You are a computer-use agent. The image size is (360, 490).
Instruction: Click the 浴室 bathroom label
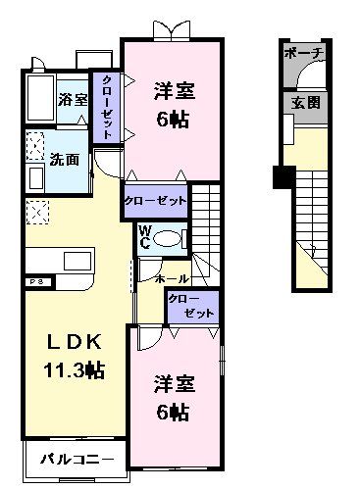pyautogui.click(x=73, y=100)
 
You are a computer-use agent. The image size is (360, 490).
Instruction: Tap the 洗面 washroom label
pyautogui.click(x=65, y=158)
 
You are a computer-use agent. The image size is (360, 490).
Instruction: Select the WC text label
pyautogui.click(x=143, y=238)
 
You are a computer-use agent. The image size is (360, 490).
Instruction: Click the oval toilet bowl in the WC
pyautogui.click(x=169, y=238)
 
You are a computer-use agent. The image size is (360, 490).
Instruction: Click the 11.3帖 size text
pyautogui.click(x=76, y=370)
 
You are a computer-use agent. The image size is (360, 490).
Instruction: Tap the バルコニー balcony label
pyautogui.click(x=77, y=459)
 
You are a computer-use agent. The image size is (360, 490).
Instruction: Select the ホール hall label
pyautogui.click(x=173, y=279)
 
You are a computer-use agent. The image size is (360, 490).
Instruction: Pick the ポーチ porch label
pyautogui.click(x=298, y=56)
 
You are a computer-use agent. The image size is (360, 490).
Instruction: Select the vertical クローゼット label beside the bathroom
pyautogui.click(x=106, y=109)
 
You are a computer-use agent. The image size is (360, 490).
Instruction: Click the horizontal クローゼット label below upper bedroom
pyautogui.click(x=155, y=200)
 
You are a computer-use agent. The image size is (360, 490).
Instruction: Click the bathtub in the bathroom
pyautogui.click(x=39, y=98)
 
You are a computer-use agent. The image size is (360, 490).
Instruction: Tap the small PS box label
pyautogui.click(x=34, y=282)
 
